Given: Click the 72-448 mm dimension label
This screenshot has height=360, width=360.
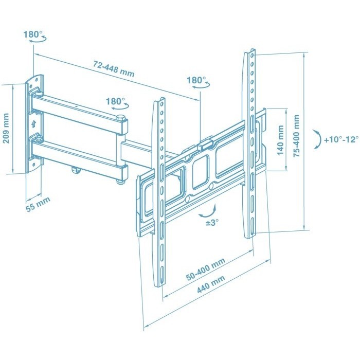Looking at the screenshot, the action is [x=114, y=68].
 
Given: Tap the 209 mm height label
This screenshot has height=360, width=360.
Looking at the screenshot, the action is [x=6, y=128].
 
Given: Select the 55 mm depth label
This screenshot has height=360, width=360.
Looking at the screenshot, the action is [x=38, y=204].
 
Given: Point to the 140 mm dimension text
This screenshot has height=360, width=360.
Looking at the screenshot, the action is [x=280, y=140].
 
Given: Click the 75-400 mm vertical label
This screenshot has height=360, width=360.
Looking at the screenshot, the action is [x=296, y=136].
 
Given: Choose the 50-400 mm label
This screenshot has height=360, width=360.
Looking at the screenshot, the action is [x=206, y=269].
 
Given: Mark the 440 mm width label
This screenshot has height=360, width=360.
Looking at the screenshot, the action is [x=211, y=284].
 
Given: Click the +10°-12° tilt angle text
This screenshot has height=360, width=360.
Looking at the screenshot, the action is [x=341, y=139].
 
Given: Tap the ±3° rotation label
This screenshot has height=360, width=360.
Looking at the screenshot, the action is [x=212, y=223].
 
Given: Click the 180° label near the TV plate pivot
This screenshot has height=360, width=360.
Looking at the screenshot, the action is [x=196, y=80].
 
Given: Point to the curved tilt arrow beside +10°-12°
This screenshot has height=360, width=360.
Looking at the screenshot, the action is [x=318, y=139].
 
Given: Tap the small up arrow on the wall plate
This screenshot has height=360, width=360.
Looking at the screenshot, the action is [x=34, y=124].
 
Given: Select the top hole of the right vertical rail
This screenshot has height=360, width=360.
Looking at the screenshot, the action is [x=253, y=56].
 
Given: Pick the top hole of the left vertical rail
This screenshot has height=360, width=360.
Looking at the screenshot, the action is [x=163, y=104].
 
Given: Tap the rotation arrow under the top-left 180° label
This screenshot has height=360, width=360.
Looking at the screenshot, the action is [x=38, y=40].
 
